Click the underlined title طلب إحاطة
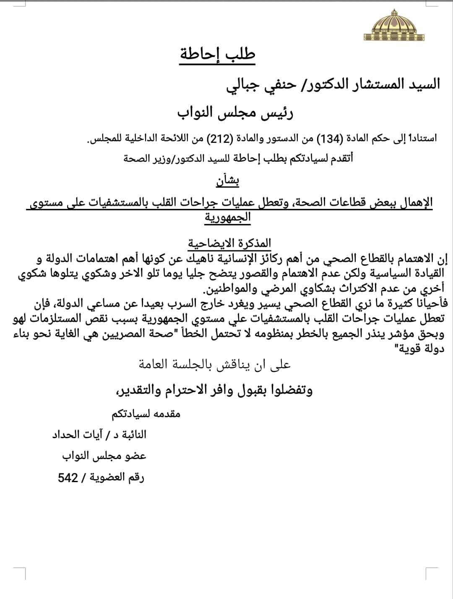[x=217, y=55]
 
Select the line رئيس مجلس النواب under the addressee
[x=235, y=112]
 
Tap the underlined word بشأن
[x=228, y=181]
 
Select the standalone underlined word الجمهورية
[x=228, y=217]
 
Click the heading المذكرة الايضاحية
[x=229, y=243]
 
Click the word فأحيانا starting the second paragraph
[x=426, y=303]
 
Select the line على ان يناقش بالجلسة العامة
[x=215, y=365]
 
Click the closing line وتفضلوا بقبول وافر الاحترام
[x=214, y=390]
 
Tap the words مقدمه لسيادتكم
[x=146, y=414]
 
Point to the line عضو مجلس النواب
[x=104, y=456]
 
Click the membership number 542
[x=68, y=478]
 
